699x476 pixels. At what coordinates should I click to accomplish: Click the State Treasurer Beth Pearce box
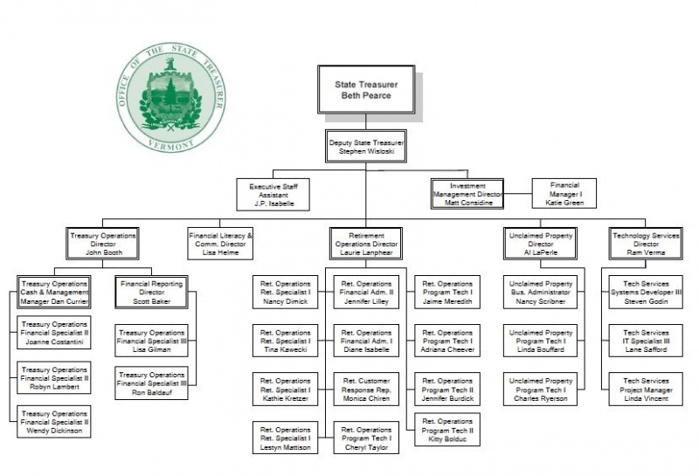(x=365, y=89)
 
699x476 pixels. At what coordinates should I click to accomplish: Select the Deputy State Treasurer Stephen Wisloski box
(x=366, y=147)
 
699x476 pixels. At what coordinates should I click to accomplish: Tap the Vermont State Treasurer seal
(x=170, y=98)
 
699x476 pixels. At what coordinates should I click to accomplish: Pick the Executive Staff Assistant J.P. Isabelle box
(x=272, y=194)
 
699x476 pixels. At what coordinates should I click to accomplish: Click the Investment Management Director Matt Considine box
(x=467, y=194)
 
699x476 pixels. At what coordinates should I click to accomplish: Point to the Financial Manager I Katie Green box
(x=564, y=194)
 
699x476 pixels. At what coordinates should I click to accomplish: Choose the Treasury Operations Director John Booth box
(x=103, y=244)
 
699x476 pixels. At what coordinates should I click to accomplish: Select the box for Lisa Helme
(x=220, y=244)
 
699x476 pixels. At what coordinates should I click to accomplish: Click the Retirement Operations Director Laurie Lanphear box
(x=366, y=244)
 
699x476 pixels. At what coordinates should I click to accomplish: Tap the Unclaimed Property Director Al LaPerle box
(x=540, y=244)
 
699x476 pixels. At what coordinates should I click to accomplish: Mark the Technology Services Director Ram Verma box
(x=646, y=244)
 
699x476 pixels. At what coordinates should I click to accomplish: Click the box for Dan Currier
(x=54, y=293)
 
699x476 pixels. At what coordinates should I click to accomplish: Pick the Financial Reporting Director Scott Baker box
(x=151, y=293)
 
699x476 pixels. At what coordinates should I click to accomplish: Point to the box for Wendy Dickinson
(x=54, y=422)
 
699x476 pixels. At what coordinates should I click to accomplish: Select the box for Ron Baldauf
(x=151, y=383)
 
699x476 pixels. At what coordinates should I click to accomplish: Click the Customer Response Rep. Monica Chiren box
(x=366, y=389)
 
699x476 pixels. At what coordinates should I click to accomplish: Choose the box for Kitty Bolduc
(x=447, y=430)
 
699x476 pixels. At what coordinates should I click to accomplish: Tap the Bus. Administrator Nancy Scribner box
(x=540, y=293)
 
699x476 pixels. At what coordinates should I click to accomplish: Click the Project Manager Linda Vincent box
(x=646, y=389)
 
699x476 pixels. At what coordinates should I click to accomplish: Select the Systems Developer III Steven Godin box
(x=646, y=293)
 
